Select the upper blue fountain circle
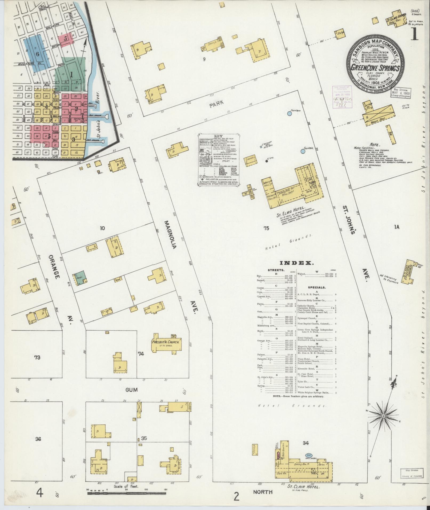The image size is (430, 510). [290, 114]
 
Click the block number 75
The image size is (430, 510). [266, 228]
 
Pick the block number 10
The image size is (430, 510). [102, 228]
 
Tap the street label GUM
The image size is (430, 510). [132, 390]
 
